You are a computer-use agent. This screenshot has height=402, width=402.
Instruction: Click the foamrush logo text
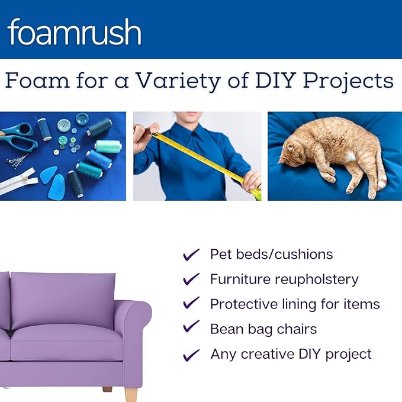click(75, 33)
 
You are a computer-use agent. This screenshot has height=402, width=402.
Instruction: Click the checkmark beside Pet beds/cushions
click(191, 255)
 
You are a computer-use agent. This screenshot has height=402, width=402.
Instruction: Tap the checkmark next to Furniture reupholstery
click(191, 279)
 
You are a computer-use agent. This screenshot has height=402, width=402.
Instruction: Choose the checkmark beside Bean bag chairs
click(191, 328)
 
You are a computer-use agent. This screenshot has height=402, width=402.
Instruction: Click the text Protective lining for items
click(295, 304)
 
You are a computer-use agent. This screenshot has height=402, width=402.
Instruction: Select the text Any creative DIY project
click(291, 354)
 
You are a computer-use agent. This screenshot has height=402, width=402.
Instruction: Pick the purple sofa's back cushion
click(62, 299)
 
